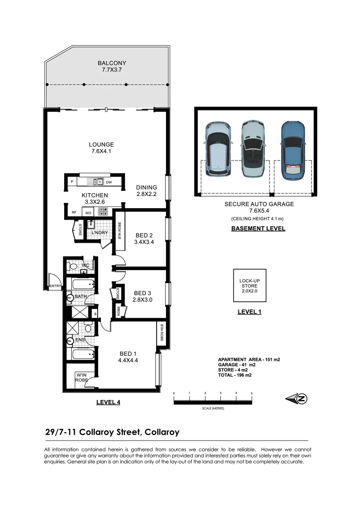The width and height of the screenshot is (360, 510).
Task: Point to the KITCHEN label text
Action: click(x=95, y=195)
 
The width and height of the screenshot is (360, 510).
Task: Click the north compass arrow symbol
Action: click(x=297, y=399)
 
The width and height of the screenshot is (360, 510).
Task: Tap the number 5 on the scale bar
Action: click(x=251, y=393)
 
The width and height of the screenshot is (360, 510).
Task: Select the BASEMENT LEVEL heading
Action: click(x=258, y=229)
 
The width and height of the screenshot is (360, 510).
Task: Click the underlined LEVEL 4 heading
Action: click(x=108, y=402)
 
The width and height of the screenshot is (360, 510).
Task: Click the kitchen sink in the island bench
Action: click(x=98, y=181)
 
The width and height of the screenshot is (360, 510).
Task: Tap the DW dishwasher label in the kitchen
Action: click(x=109, y=182)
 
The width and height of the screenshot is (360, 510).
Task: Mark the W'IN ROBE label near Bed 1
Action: click(x=82, y=377)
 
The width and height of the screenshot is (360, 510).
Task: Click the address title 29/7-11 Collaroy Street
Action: click(x=112, y=432)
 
